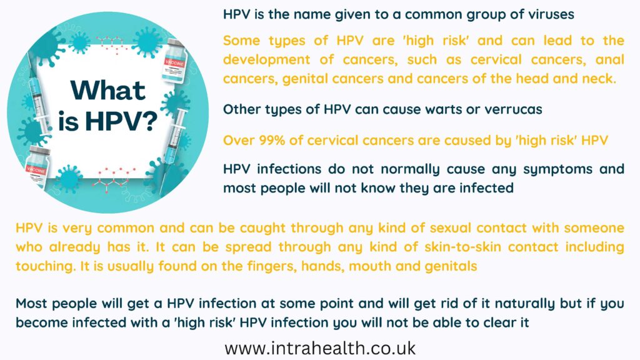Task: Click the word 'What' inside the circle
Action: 107,90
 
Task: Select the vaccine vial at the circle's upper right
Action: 175,61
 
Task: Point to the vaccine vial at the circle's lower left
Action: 37,167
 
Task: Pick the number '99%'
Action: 272,141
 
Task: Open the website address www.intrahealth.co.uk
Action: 320,348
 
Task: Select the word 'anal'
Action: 610,59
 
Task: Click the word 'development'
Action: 266,60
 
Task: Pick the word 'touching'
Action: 45,266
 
